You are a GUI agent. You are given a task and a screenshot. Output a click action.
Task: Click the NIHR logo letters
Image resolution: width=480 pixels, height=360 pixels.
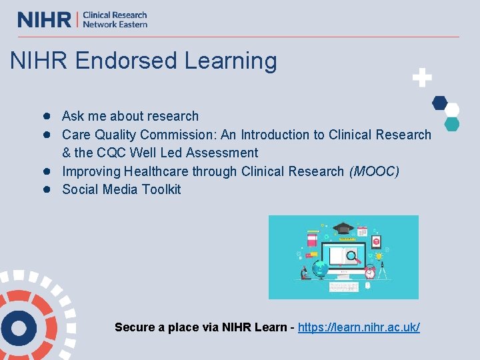pyautogui.click(x=44, y=19)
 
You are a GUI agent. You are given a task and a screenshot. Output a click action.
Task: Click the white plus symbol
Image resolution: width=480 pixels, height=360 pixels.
pyautogui.click(x=421, y=78)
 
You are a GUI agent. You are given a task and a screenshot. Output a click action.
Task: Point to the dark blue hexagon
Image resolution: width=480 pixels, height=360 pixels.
pyautogui.click(x=439, y=103)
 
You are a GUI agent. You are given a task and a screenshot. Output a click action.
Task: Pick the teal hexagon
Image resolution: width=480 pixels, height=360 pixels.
pyautogui.click(x=451, y=123)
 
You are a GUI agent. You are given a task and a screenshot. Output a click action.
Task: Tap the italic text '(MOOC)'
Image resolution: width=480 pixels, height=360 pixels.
pyautogui.click(x=374, y=171)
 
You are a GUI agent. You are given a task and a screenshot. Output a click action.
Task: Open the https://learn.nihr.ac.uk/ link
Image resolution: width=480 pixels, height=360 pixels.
pyautogui.click(x=359, y=327)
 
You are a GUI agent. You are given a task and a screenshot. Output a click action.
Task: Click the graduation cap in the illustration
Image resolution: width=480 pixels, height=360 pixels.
pyautogui.click(x=344, y=228)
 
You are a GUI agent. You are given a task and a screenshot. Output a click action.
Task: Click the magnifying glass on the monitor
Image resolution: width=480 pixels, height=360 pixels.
pyautogui.click(x=353, y=256)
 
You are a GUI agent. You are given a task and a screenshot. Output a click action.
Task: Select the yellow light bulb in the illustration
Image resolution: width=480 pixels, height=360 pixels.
pyautogui.click(x=379, y=256)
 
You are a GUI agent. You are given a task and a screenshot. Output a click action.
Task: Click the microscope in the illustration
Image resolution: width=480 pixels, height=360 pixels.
pyautogui.click(x=304, y=272)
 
